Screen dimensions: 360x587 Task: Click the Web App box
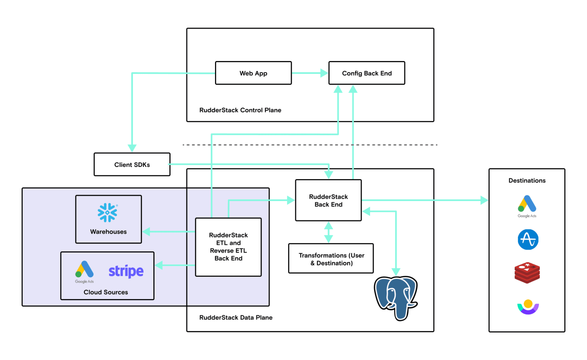tap(253, 73)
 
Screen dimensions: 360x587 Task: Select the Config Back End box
tap(366, 73)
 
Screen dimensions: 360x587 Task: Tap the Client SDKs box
tap(132, 165)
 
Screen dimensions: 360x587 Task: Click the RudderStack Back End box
tap(328, 200)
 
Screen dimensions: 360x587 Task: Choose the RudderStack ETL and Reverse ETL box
tap(228, 247)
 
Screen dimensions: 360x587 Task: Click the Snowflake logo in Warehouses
tap(107, 212)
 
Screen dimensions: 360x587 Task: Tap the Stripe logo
tap(126, 271)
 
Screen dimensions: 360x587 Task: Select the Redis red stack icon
tap(527, 273)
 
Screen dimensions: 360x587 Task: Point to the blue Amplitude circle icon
tap(528, 239)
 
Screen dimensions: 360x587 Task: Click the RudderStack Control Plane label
tap(240, 110)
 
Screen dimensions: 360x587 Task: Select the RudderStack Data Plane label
tap(236, 317)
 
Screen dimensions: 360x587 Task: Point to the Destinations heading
tap(527, 180)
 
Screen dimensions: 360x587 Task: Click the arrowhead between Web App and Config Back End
tap(324, 73)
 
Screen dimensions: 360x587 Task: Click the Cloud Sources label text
tap(106, 292)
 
